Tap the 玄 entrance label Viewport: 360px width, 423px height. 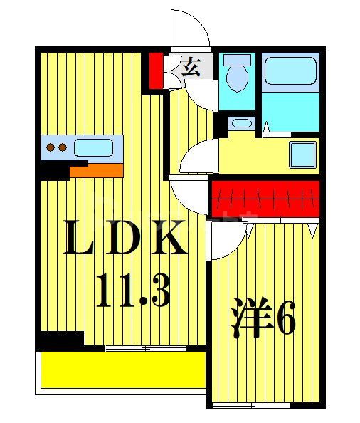click(x=190, y=68)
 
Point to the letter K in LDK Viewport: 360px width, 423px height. click(x=169, y=240)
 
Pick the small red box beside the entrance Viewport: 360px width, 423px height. click(x=156, y=69)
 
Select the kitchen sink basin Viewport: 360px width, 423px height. click(x=93, y=147)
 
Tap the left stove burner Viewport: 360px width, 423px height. click(x=51, y=148)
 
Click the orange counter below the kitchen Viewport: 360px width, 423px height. click(x=97, y=169)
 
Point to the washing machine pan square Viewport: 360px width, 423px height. click(x=302, y=153)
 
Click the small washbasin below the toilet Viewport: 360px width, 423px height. click(x=242, y=123)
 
